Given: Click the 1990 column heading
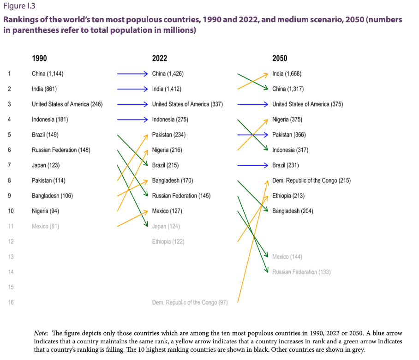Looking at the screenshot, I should point(39,58).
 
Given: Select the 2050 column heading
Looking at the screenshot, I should point(280,58).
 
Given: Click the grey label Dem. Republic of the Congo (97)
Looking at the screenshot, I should point(190,302).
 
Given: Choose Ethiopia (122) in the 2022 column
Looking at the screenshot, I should point(168,241).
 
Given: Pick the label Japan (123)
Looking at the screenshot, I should point(46,165).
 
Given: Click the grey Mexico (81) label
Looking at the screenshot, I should point(45,226).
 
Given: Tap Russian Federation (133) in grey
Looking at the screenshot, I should point(301,272).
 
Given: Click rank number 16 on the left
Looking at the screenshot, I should point(10,302).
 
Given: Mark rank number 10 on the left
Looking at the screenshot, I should point(10,211).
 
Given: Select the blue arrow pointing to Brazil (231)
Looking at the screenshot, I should point(252,165).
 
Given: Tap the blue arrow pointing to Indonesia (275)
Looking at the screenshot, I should point(132,120).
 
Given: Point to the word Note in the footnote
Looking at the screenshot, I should point(42,333).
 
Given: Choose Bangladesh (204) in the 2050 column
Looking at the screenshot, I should point(293,211).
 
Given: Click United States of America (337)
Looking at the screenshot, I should point(187,104).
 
